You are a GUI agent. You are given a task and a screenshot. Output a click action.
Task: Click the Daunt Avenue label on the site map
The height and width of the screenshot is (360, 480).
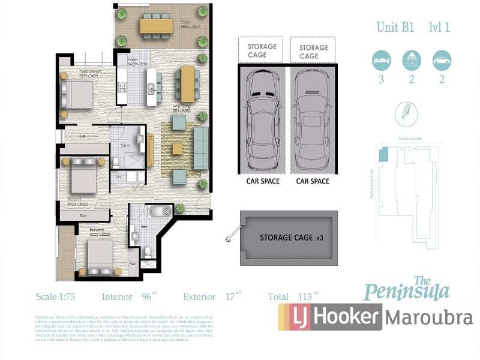click(x=410, y=139)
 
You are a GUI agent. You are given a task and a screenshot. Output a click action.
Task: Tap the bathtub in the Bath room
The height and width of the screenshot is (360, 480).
click(x=160, y=212)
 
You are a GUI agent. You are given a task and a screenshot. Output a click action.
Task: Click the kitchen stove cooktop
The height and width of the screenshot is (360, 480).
click(x=122, y=90)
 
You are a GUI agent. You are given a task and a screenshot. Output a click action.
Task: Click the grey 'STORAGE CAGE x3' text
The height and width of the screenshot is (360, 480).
click(x=291, y=238)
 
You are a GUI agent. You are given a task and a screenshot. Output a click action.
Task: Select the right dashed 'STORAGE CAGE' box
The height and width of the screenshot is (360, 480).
click(x=313, y=51)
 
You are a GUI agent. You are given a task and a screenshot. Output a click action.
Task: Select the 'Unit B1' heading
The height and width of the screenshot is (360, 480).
click(x=396, y=27)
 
